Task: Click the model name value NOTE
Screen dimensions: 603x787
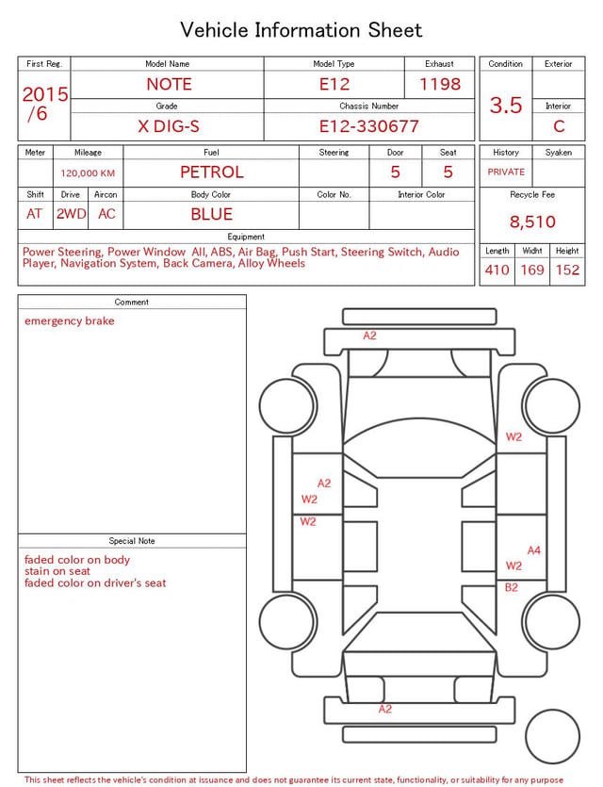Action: click(x=169, y=84)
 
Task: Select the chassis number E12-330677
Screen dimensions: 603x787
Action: click(x=368, y=126)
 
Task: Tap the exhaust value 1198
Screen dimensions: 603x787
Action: click(x=440, y=84)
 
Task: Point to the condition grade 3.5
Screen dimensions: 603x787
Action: click(x=506, y=106)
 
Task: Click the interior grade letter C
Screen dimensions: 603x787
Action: click(x=559, y=126)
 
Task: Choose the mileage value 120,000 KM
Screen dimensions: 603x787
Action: click(x=88, y=173)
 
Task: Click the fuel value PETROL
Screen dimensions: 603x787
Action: click(x=212, y=172)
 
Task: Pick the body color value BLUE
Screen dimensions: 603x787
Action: click(x=212, y=214)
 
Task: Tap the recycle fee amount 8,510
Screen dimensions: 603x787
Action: click(x=532, y=221)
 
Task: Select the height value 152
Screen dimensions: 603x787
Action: click(x=567, y=270)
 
